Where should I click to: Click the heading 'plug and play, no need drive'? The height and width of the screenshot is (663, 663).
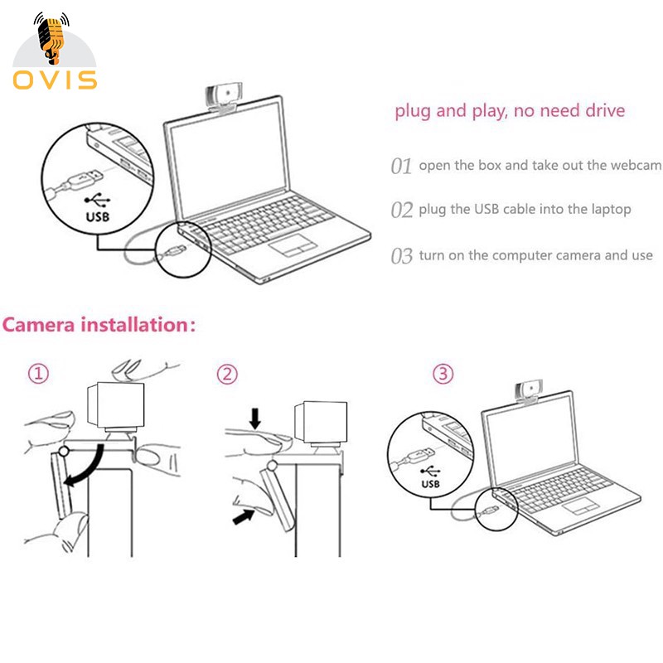click(510, 110)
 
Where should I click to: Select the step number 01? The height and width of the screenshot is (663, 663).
click(401, 166)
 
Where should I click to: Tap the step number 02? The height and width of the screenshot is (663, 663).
click(401, 210)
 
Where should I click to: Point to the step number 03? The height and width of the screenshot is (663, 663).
click(401, 255)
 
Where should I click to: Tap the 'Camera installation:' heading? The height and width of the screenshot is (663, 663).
click(99, 323)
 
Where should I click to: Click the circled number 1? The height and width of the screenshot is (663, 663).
click(39, 375)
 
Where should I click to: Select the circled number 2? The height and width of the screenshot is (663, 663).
click(227, 375)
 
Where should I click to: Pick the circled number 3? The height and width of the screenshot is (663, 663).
click(444, 375)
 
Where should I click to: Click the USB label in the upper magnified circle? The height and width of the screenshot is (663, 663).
click(97, 217)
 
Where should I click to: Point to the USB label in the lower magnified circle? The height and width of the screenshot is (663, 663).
click(431, 483)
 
